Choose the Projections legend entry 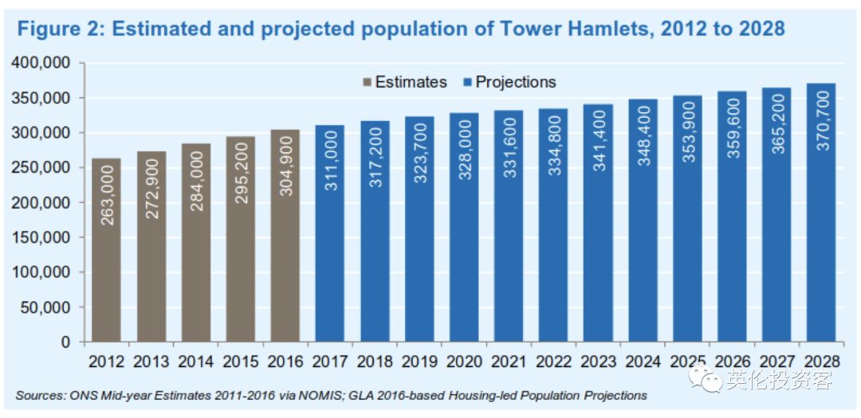[509, 82]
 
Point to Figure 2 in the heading [59, 29]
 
